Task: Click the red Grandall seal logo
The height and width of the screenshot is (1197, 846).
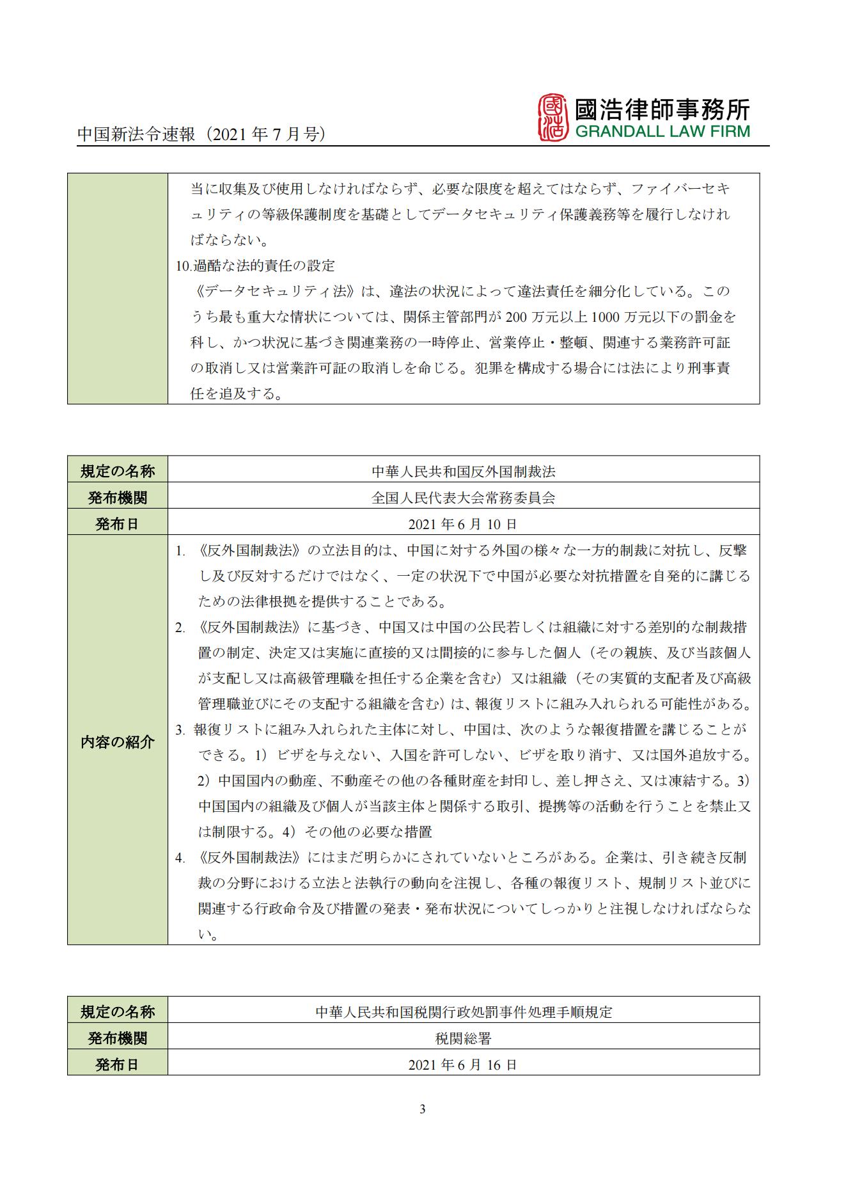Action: pos(552,117)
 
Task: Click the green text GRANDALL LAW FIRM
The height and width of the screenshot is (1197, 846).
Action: pos(662,132)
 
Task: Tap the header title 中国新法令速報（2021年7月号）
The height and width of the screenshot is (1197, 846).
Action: pos(202,134)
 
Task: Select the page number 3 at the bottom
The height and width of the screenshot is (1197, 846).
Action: pos(422,1109)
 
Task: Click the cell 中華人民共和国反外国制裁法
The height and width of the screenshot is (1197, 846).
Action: pos(463,472)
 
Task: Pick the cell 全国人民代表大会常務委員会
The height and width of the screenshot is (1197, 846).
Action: pos(463,498)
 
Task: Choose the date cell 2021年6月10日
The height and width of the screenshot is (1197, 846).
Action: pos(463,524)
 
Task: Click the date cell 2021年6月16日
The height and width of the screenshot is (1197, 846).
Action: pos(463,1065)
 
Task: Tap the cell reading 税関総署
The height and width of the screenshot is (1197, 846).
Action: pos(463,1038)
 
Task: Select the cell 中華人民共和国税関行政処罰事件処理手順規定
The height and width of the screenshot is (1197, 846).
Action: pos(463,1012)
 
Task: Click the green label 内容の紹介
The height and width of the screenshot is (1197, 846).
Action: pos(118,742)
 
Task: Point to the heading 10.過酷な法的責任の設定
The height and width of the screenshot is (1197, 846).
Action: pos(255,266)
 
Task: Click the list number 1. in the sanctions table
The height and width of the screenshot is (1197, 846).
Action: pos(180,551)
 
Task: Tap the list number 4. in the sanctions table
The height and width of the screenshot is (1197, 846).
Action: pos(180,858)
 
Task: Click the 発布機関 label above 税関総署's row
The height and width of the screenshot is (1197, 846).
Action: pos(118,1038)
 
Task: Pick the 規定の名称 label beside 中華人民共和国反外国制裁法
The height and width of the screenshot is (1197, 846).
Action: pos(118,472)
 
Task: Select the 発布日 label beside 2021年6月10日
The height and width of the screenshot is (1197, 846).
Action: pos(118,524)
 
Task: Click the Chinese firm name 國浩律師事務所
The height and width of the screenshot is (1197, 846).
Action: pos(662,109)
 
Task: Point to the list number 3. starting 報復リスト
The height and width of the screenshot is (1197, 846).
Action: pos(180,730)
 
